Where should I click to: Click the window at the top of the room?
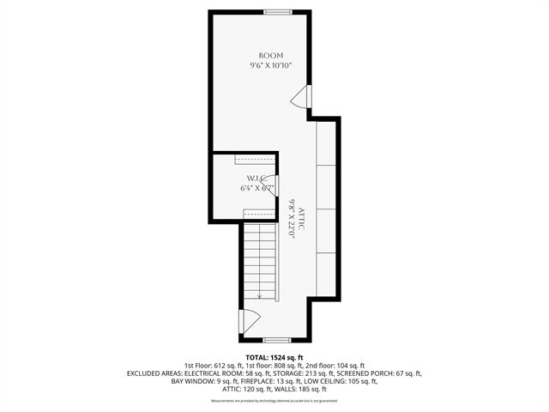coord(277,11)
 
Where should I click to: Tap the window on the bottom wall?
coord(275,340)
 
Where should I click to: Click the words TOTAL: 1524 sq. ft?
coord(274,357)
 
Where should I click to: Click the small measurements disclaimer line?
coord(274,400)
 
